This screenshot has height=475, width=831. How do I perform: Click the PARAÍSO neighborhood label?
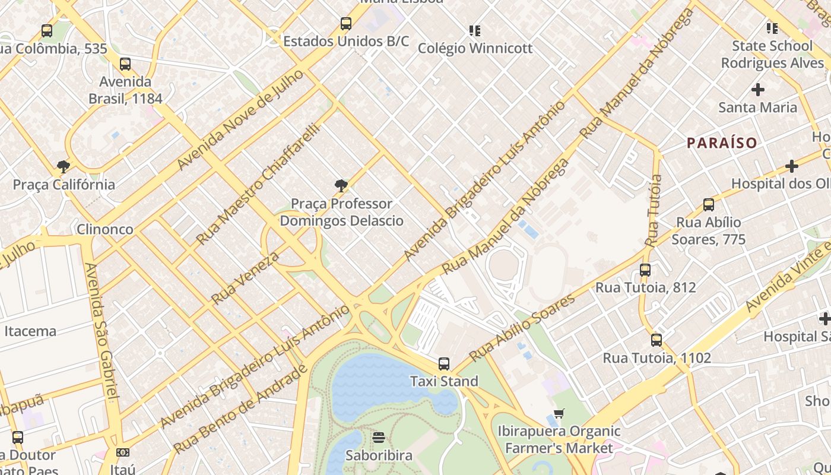[722, 143]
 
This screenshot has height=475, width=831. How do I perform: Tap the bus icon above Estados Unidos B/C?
[346, 24]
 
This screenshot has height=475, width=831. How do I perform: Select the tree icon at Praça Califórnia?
[64, 167]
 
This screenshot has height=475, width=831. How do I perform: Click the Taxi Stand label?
[444, 381]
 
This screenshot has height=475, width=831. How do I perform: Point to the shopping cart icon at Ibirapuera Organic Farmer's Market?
[559, 413]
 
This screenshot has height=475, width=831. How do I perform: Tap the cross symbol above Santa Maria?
[758, 90]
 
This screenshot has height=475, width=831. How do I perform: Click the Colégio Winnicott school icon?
[474, 30]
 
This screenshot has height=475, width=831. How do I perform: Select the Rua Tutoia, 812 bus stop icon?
[645, 270]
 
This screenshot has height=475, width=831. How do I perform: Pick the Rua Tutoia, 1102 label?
[656, 358]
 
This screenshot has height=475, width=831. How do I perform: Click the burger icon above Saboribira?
[379, 438]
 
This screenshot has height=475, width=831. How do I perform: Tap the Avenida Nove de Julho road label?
[240, 119]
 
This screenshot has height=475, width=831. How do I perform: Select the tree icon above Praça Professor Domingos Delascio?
[341, 186]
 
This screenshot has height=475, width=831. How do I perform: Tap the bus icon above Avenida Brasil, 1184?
[125, 64]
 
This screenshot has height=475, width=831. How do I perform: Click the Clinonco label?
[104, 229]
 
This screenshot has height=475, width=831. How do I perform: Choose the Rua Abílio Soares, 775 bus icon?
[708, 205]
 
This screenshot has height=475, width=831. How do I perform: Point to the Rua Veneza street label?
[245, 278]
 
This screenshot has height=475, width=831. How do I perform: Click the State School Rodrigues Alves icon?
[772, 28]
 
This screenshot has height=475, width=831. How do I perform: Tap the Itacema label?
[30, 331]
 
